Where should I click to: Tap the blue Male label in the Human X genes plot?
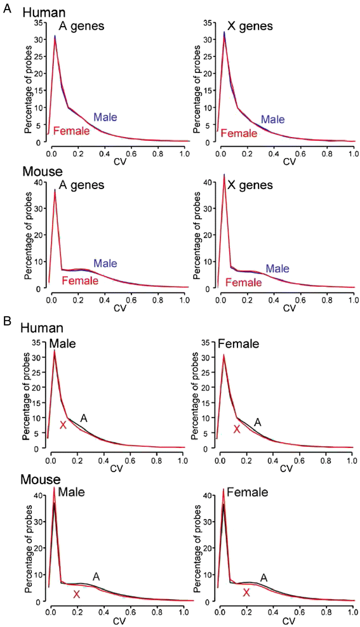click(x=272, y=119)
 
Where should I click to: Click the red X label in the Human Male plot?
click(x=63, y=425)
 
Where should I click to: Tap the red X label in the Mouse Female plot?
click(x=246, y=593)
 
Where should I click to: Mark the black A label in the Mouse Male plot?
click(x=97, y=576)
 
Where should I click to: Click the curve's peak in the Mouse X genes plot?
click(x=224, y=175)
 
